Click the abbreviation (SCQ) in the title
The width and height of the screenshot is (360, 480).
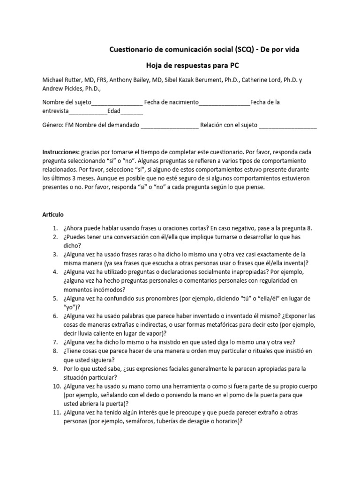click(247, 49)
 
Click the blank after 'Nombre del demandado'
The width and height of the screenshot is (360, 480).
click(170, 125)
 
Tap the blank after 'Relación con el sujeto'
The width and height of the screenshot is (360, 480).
click(287, 125)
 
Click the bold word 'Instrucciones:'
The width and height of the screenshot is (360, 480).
click(61, 153)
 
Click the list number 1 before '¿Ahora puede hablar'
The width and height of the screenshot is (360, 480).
click(54, 228)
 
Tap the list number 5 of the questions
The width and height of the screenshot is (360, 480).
click(54, 298)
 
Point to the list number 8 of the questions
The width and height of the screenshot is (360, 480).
click(54, 351)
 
